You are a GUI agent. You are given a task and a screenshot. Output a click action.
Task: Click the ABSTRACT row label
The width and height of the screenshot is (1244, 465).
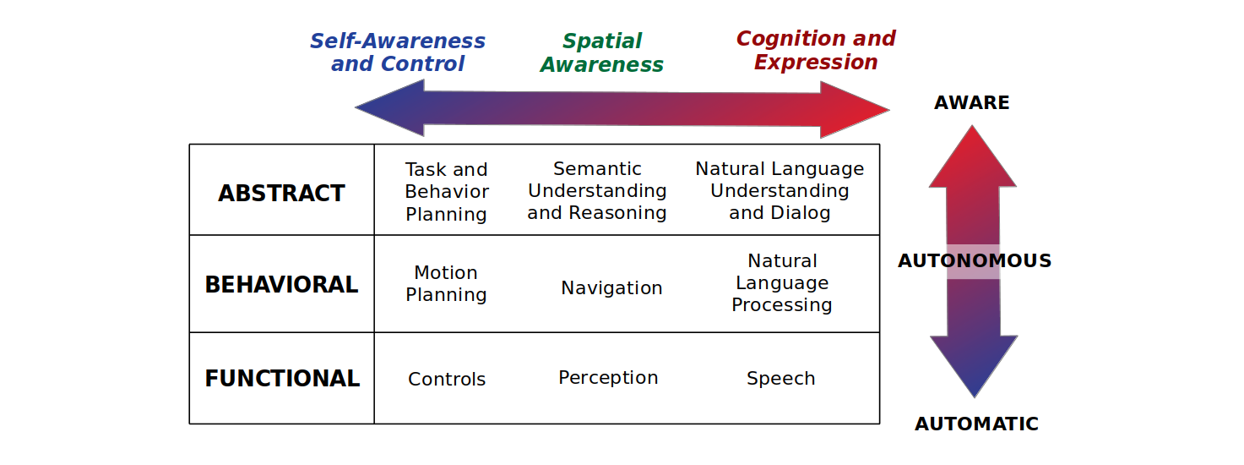[x=281, y=193]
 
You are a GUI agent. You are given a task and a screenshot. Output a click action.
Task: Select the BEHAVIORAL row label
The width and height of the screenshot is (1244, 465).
[x=281, y=284]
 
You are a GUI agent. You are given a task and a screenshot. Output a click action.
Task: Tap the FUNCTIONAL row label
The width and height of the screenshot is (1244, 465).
[x=282, y=378]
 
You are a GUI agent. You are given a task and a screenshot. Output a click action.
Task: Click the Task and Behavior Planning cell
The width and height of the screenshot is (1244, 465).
[x=447, y=191]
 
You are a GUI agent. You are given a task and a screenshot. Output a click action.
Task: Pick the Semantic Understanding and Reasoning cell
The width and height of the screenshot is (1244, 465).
[x=597, y=190]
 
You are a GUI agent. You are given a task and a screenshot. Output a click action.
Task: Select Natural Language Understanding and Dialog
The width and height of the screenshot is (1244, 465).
[x=780, y=190]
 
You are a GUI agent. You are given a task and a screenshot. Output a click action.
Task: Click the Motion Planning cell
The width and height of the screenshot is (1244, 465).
[x=446, y=283]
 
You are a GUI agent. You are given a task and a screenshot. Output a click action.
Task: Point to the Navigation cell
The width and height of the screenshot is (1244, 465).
[x=611, y=287]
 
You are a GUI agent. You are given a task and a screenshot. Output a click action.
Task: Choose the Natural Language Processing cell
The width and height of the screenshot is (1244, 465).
[x=782, y=282]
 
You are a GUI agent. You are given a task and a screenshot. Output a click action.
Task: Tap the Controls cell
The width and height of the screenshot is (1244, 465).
[x=447, y=379]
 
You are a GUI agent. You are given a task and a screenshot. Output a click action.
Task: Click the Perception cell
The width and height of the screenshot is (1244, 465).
[x=608, y=378]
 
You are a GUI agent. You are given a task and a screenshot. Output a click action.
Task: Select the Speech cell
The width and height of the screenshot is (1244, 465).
[x=781, y=378]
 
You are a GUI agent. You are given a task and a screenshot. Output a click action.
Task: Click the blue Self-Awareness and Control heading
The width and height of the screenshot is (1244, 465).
[x=398, y=52]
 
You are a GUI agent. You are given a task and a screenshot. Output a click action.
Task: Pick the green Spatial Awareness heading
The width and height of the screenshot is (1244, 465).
[x=602, y=52]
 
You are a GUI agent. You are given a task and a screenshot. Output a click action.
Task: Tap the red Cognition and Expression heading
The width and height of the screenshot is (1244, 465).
[x=816, y=50]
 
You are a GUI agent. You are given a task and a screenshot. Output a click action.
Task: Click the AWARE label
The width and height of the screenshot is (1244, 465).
[x=972, y=102]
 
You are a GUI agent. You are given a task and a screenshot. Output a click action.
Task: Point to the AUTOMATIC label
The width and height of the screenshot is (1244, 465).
[x=976, y=424]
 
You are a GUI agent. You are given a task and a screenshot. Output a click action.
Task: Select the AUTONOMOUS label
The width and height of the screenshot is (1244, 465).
[x=975, y=260]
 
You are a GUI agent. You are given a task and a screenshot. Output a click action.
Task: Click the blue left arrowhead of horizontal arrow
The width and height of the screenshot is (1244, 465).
[x=388, y=108]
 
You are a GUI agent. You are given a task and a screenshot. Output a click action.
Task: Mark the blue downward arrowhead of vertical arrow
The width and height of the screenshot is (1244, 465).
[x=974, y=364]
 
